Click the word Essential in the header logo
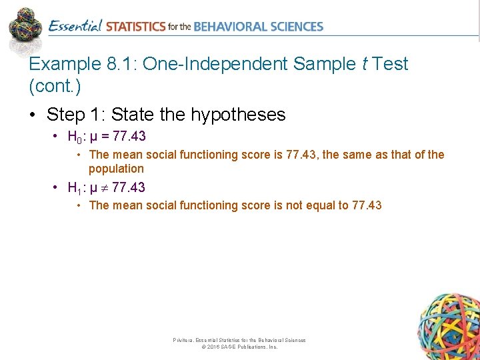(75, 27)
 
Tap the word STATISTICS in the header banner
(135, 27)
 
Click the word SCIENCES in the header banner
(294, 27)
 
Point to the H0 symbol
(75, 137)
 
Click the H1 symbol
(75, 187)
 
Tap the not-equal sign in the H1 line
(105, 188)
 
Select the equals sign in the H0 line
(105, 137)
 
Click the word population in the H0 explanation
(116, 169)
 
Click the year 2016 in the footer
(213, 347)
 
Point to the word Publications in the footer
(249, 347)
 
